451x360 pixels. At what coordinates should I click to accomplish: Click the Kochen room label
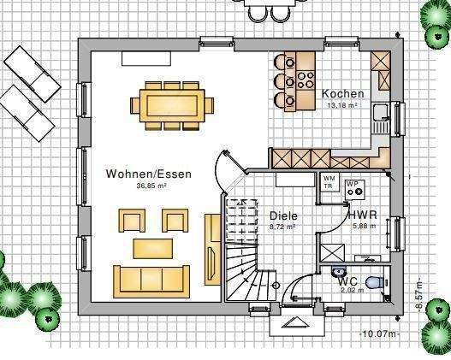[x=342, y=94]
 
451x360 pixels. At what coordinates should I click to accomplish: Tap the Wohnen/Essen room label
[x=149, y=174]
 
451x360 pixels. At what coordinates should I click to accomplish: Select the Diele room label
[x=282, y=216]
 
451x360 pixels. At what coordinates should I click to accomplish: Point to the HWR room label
[x=360, y=215]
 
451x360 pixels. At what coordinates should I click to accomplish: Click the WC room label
[x=347, y=280]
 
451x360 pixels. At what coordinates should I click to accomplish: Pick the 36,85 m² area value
[x=150, y=186]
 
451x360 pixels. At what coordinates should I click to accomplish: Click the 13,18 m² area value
[x=342, y=105]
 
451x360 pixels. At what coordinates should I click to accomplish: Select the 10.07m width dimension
[x=379, y=333]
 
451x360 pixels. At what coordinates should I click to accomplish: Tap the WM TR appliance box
[x=329, y=182]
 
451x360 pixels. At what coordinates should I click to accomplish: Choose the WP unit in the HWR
[x=354, y=188]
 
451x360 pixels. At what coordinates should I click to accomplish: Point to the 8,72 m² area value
[x=282, y=227]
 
